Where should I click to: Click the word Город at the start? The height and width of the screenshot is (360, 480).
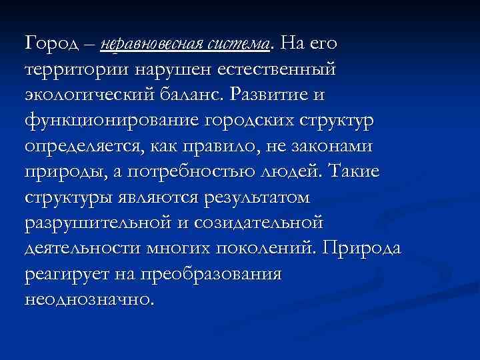(54, 44)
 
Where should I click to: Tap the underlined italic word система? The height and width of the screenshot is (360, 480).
(239, 44)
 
